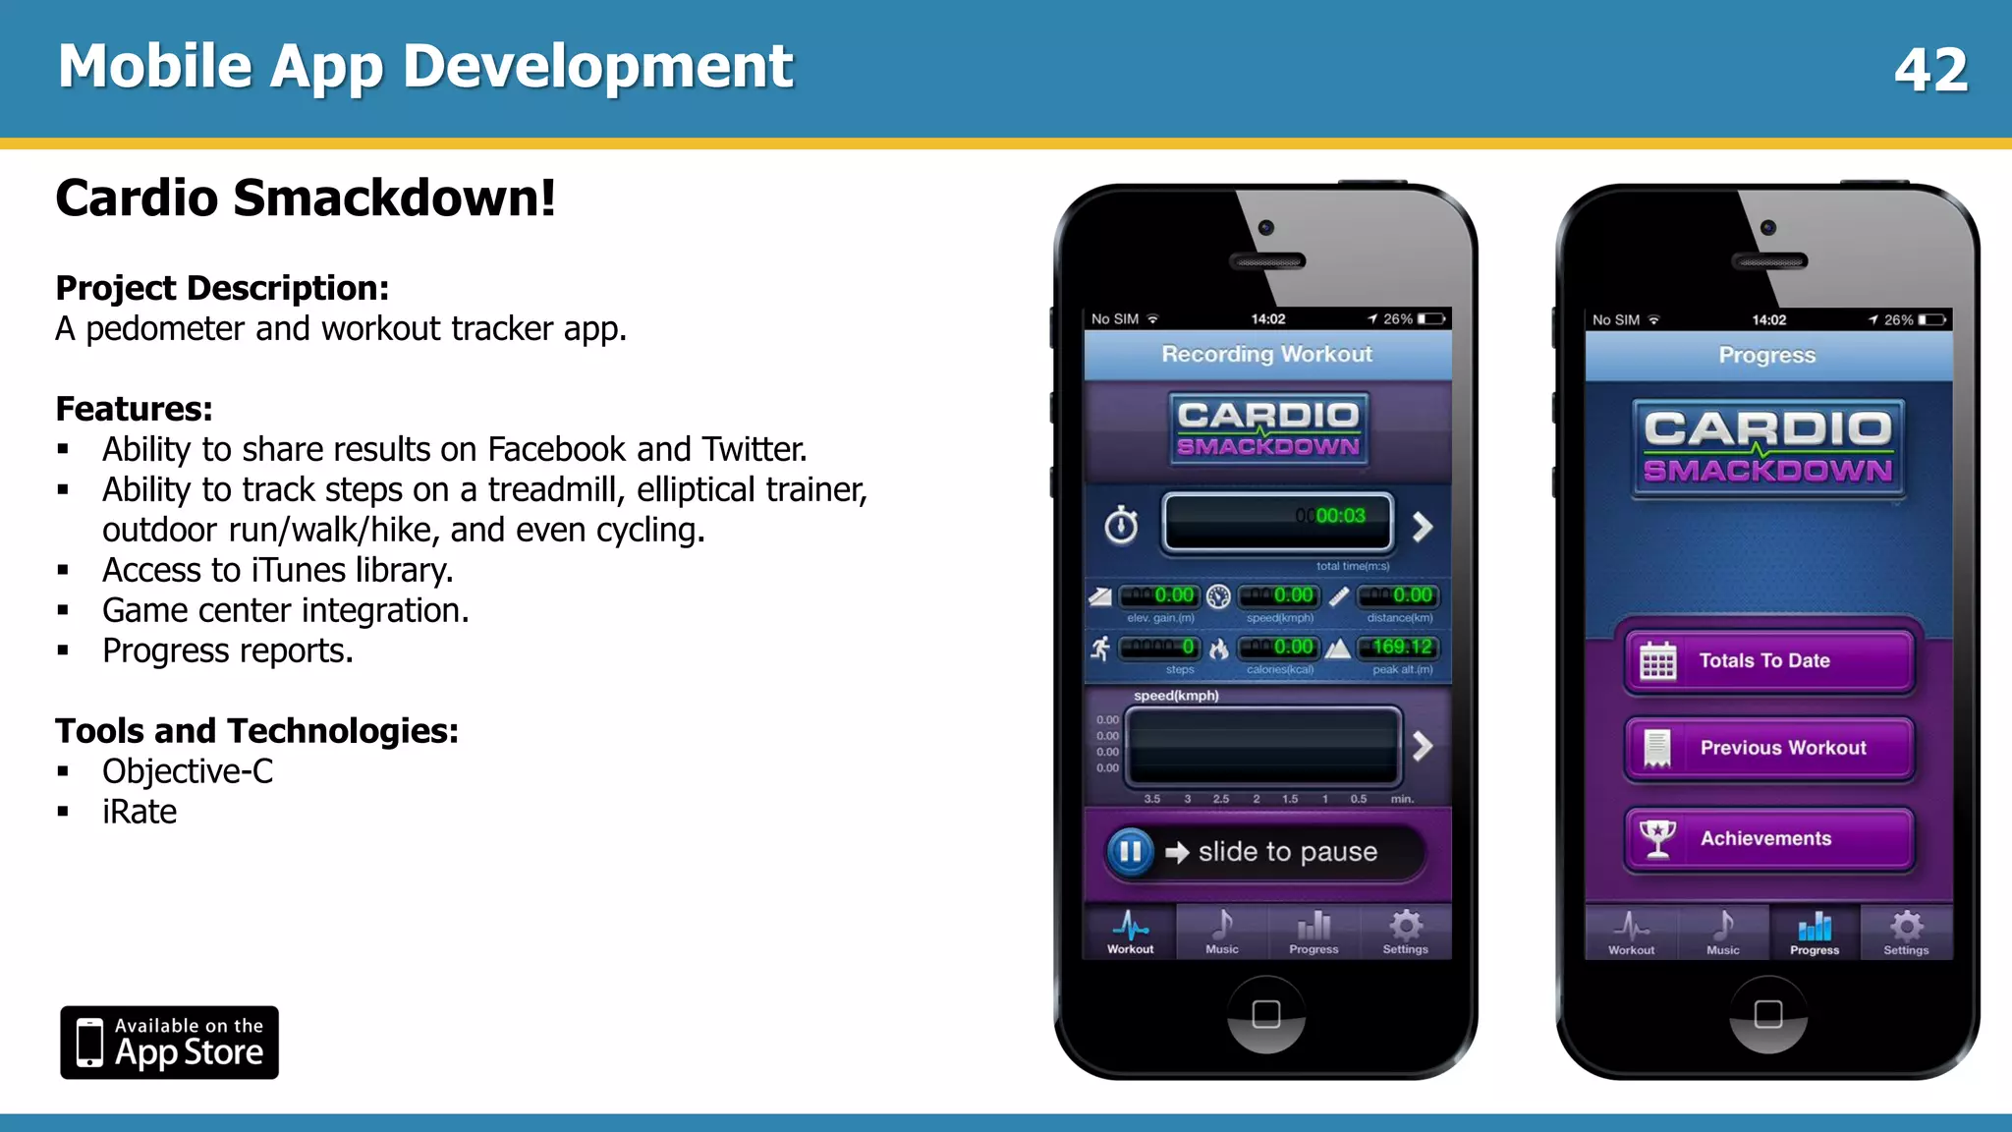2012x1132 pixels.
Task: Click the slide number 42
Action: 1930,70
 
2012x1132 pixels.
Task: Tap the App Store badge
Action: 169,1043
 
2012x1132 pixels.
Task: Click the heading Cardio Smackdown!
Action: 306,198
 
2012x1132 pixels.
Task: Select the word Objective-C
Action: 188,771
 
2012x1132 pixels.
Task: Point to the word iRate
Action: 140,812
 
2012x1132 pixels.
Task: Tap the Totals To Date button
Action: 1768,661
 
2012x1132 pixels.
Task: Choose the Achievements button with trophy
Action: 1768,839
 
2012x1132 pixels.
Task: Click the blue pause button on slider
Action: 1130,851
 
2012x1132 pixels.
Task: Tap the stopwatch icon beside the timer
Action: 1121,526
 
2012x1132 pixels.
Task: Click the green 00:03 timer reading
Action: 1340,516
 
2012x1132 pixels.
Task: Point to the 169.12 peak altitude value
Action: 1402,647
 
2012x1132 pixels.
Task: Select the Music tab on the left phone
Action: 1222,932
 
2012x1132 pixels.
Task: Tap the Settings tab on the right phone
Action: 1906,933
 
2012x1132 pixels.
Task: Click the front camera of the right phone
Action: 1768,228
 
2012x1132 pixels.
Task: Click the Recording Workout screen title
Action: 1267,354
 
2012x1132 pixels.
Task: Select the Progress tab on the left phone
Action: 1313,932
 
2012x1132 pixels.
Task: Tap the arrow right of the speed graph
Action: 1423,746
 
